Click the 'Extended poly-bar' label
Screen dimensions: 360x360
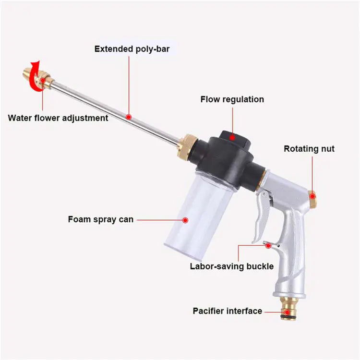pos(129,48)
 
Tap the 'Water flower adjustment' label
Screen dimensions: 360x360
pos(58,118)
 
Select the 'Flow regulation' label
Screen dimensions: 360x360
pos(232,99)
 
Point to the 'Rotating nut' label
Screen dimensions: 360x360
pos(309,149)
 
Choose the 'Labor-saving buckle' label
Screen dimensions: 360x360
pos(231,266)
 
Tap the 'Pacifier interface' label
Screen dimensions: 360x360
pos(228,311)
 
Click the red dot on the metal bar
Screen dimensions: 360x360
pos(129,117)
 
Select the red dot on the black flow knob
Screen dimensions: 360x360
pos(232,136)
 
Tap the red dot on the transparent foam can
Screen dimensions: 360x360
pos(186,220)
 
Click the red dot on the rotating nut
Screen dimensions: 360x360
pos(312,196)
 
